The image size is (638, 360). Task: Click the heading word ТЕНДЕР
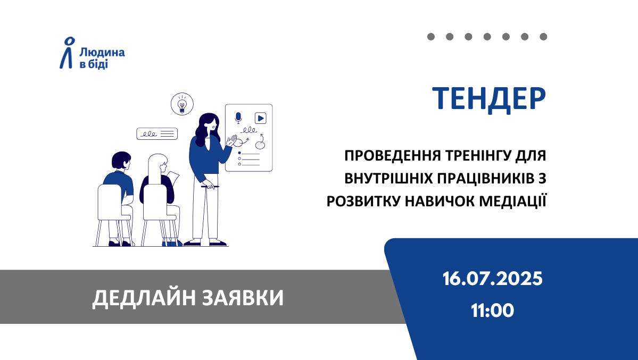(x=489, y=99)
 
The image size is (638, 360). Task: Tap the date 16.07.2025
(x=492, y=279)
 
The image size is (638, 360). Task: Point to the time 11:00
(x=492, y=311)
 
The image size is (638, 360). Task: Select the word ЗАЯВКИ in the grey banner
(x=243, y=298)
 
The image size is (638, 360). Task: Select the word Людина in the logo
(x=102, y=53)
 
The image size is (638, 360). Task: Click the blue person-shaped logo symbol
(x=68, y=53)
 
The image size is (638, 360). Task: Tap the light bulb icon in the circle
(x=182, y=104)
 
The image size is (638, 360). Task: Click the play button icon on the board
(x=260, y=118)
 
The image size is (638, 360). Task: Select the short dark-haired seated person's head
(x=121, y=160)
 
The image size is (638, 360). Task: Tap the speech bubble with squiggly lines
(x=157, y=134)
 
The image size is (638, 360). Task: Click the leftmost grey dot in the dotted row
(x=431, y=37)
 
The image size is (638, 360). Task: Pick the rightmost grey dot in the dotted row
(x=543, y=37)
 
